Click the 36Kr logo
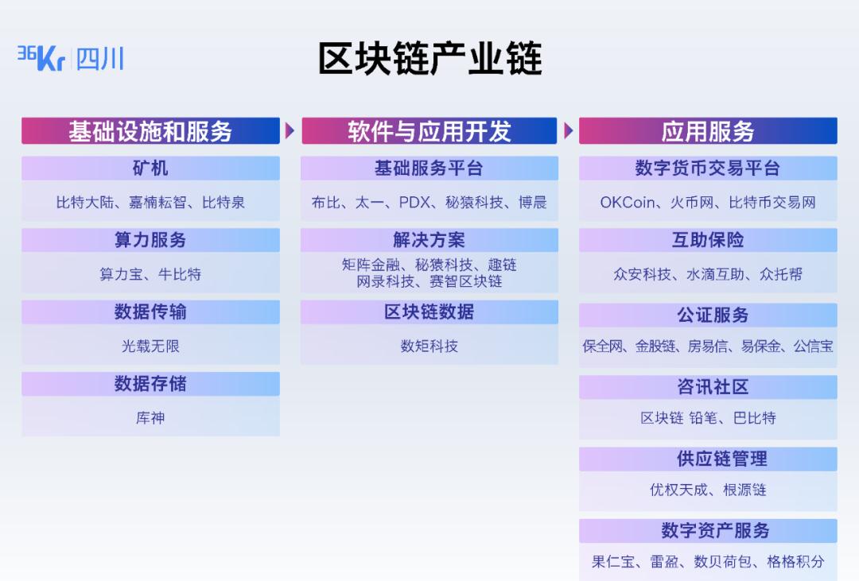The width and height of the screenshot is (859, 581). [x=41, y=58]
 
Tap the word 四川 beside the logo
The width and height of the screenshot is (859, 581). [x=100, y=59]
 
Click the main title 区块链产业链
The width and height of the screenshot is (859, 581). [x=430, y=58]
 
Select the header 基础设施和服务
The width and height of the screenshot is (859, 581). [x=150, y=131]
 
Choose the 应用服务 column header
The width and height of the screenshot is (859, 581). [x=708, y=131]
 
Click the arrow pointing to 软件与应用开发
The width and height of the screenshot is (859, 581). [x=290, y=131]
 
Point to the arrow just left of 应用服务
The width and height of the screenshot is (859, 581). [x=569, y=131]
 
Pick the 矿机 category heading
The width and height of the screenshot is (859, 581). [x=150, y=168]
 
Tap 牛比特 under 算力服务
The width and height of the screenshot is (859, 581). [x=180, y=273]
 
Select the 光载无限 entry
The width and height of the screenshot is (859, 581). [x=150, y=346]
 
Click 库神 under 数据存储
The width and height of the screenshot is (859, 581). [x=150, y=418]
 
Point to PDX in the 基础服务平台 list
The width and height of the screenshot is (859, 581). [x=414, y=203]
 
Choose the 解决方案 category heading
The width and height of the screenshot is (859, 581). [x=429, y=240]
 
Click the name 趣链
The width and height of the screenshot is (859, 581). [x=502, y=265]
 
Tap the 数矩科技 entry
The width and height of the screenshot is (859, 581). [x=429, y=346]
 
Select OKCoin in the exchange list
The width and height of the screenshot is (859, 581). [x=628, y=203]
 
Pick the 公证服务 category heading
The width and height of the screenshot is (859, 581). [x=713, y=315]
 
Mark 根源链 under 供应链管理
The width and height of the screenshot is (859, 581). [x=744, y=490]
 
